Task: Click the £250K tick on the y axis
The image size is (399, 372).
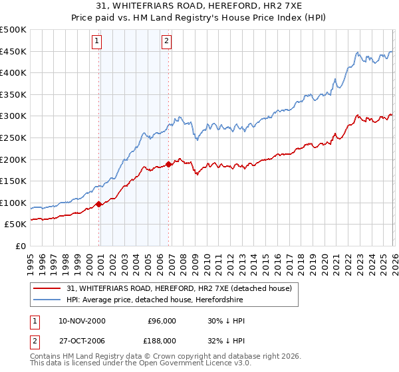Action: (13, 138)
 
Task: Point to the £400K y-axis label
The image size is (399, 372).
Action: (13, 73)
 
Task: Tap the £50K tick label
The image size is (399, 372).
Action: (15, 225)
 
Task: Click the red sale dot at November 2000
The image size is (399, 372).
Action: (99, 205)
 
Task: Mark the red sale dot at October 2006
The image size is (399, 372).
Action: (169, 164)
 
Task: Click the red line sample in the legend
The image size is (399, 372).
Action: (49, 288)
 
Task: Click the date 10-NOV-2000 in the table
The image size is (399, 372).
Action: (82, 321)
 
